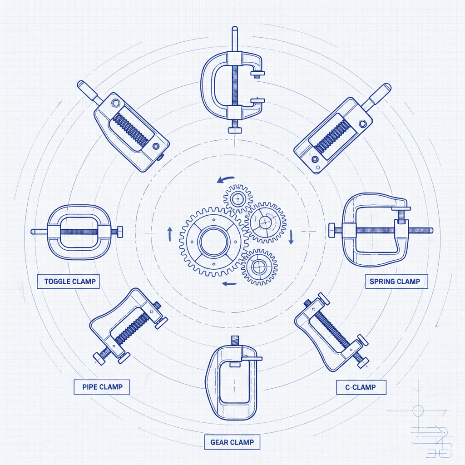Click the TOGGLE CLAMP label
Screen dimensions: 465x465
(70, 282)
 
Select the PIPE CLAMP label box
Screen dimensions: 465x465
(102, 387)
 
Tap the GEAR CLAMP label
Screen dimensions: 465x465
(232, 442)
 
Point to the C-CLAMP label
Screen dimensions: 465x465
(361, 387)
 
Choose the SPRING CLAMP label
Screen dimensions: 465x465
(395, 282)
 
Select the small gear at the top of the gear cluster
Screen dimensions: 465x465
(237, 198)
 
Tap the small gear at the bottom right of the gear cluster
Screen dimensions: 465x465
(259, 267)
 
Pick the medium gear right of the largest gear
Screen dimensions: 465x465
(265, 222)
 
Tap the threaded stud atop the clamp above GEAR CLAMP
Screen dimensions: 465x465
(235, 340)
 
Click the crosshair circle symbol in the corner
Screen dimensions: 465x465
(417, 411)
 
